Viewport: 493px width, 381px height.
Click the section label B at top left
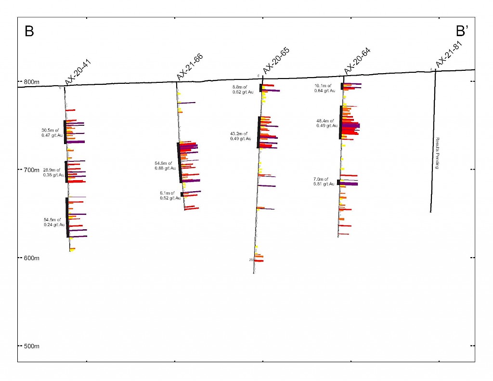[x=29, y=32]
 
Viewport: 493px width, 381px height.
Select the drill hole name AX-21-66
[x=190, y=66]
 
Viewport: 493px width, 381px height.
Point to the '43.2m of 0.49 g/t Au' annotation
[x=239, y=136]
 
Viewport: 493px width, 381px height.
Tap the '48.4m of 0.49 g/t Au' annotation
[x=325, y=123]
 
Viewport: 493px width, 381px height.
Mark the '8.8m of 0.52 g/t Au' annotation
[x=243, y=90]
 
